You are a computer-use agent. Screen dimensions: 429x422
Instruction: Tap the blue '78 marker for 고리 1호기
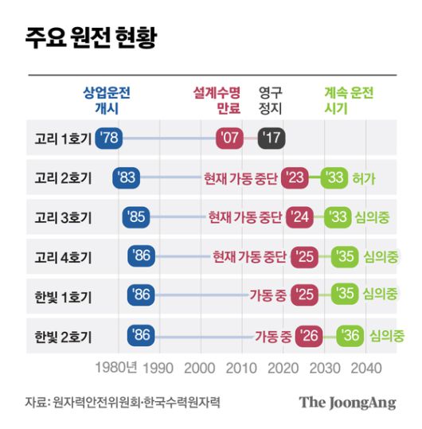point(108,138)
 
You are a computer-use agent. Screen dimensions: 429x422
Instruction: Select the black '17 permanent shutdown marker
point(272,138)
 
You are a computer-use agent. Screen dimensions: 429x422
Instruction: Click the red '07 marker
point(229,138)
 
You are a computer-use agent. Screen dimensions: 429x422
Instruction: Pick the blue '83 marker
point(126,177)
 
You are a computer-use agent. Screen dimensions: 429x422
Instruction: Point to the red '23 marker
point(295,177)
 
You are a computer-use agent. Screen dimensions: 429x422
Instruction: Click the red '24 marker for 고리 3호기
point(299,216)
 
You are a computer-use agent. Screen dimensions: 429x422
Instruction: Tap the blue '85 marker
point(136,216)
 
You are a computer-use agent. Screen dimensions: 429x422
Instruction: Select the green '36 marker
point(350,336)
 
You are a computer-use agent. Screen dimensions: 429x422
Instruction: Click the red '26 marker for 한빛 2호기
point(308,336)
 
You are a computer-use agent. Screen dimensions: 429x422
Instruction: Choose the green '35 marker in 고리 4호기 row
point(345,256)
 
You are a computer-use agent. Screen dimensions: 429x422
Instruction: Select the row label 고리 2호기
point(63,177)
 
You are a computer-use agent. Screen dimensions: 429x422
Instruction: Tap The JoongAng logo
point(347,402)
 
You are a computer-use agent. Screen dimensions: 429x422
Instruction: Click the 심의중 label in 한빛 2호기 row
point(387,336)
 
